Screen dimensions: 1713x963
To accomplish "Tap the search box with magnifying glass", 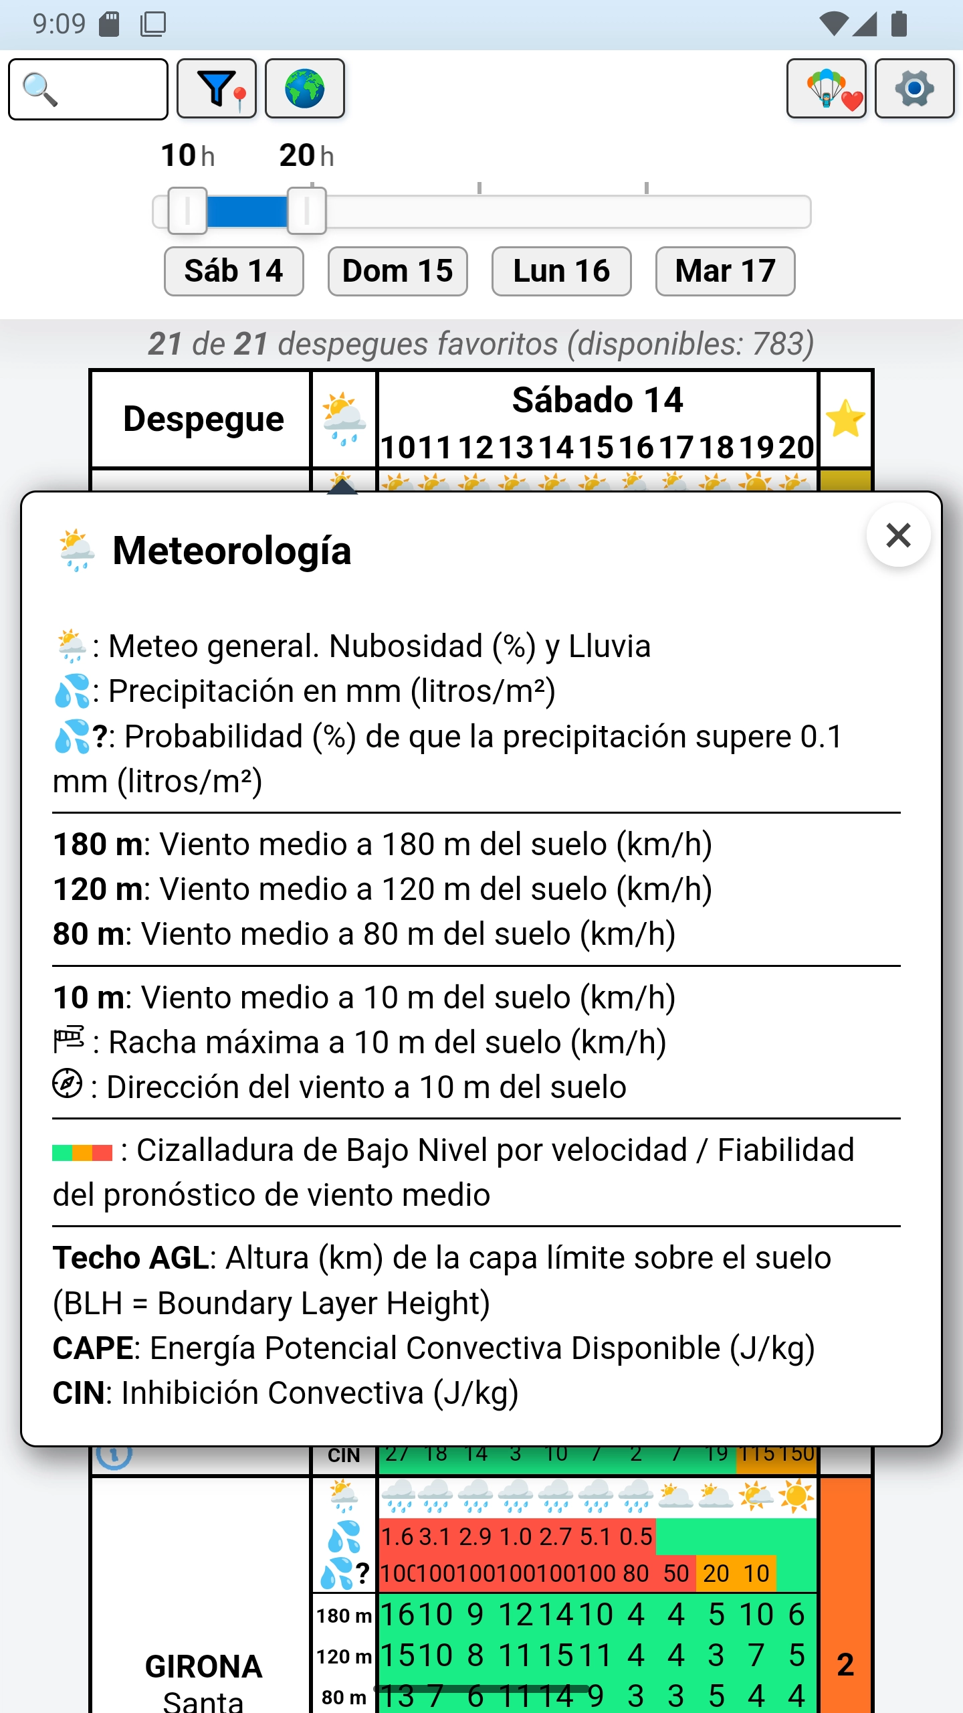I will click(88, 89).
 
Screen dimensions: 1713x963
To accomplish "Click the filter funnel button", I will click(217, 89).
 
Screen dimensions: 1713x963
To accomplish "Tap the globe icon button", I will click(305, 89).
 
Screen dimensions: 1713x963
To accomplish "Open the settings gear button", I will click(914, 89).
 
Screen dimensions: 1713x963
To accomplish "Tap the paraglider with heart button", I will click(827, 89).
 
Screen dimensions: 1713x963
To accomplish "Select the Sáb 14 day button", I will click(234, 272).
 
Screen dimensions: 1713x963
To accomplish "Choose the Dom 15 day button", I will click(398, 272).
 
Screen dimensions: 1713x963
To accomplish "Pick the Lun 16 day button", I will click(562, 272).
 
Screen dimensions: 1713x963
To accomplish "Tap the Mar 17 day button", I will click(726, 272).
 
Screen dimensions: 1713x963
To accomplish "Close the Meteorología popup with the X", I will click(898, 535).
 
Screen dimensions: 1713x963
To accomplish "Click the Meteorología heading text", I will click(231, 551).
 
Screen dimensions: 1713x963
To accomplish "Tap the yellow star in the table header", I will click(846, 419).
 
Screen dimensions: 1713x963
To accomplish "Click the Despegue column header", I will click(203, 419).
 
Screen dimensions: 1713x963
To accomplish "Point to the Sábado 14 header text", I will click(597, 400).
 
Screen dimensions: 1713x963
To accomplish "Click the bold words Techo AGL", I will click(131, 1258).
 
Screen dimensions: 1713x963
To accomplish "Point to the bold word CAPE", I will click(93, 1348).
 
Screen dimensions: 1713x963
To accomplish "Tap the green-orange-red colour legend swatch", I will click(82, 1152).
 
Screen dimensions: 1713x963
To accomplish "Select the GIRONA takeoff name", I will click(203, 1666).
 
